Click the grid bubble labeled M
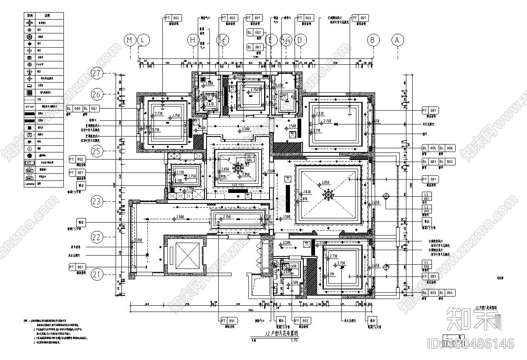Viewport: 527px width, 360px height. click(131, 40)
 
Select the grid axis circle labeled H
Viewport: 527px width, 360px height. click(193, 40)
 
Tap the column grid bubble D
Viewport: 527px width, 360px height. click(300, 40)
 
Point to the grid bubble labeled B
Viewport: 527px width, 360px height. click(373, 40)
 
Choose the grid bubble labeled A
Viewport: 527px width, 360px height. click(397, 40)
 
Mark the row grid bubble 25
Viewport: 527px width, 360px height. click(97, 151)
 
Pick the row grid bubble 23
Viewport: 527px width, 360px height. click(97, 202)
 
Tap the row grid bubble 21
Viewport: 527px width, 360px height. click(97, 274)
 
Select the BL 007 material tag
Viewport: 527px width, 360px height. click(91, 109)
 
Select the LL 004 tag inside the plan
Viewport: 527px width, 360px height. click(250, 158)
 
